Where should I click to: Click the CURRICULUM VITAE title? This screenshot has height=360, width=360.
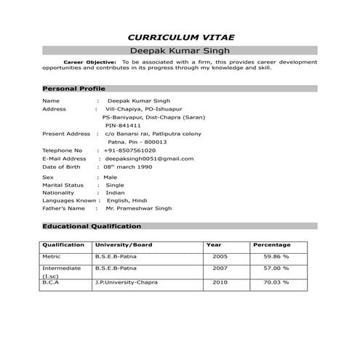[x=181, y=36]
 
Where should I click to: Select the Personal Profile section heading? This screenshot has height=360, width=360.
[x=74, y=88]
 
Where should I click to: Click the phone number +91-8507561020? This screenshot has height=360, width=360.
[x=130, y=151]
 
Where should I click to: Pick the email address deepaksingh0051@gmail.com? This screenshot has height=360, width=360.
[x=149, y=159]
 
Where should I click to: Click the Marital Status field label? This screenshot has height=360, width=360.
[x=63, y=185]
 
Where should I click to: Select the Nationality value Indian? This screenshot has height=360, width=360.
[x=115, y=193]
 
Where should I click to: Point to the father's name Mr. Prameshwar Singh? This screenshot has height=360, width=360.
[x=138, y=208]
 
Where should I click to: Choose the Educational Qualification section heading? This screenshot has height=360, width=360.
[x=92, y=226]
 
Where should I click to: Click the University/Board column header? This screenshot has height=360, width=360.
[x=124, y=245]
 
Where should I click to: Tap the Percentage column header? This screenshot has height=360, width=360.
[x=271, y=245]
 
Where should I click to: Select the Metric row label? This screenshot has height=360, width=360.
[x=52, y=257]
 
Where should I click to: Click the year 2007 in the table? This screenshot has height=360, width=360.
[x=220, y=268]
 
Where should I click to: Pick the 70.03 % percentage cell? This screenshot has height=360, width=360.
[x=276, y=282]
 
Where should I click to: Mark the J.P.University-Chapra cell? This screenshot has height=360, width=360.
[x=126, y=282]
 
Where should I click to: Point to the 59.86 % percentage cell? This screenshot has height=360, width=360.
[x=276, y=257]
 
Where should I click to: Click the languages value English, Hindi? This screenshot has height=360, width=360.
[x=127, y=200]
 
